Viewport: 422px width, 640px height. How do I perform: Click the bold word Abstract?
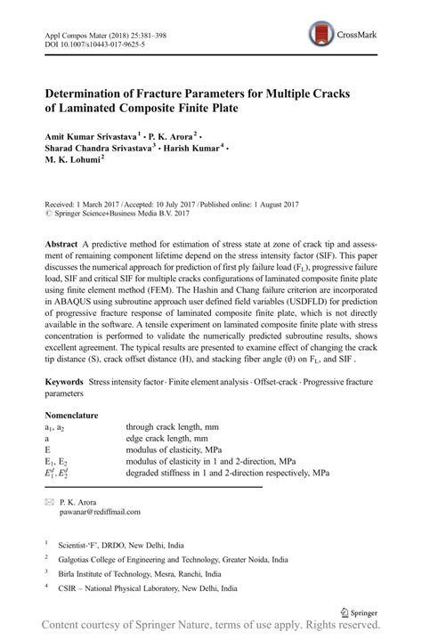(x=61, y=244)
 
